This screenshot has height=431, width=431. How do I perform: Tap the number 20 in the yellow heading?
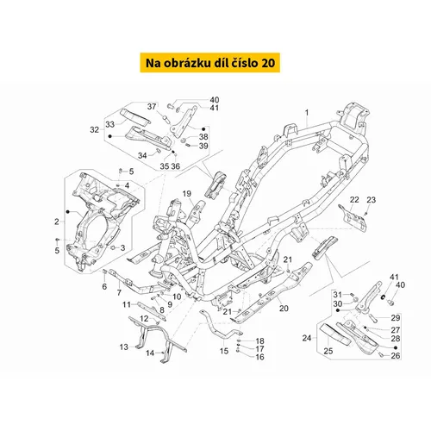coord(268,63)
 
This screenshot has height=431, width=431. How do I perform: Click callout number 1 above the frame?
coord(307,112)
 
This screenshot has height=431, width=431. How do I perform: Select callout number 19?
coord(187,194)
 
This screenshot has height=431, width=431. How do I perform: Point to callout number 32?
coord(94,130)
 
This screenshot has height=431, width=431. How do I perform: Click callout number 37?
coord(152,107)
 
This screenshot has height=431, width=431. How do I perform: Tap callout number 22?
coord(354,199)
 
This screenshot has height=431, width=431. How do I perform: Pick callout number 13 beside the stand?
coord(124,347)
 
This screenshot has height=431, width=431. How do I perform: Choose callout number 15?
coord(224,351)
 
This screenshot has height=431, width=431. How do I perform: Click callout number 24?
coord(307,338)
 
